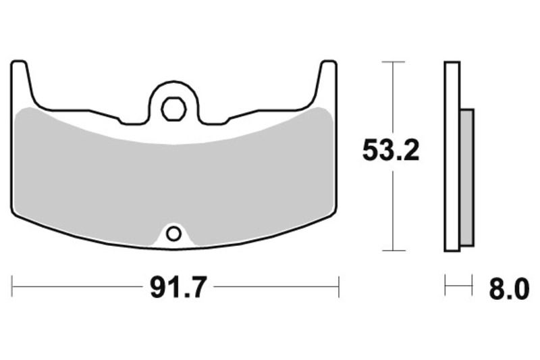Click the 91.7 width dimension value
(x=178, y=288)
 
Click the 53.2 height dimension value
(x=391, y=151)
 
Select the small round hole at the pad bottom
(x=173, y=234)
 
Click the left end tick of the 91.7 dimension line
(x=12, y=286)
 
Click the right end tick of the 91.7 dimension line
(x=338, y=286)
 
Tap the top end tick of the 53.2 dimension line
(x=393, y=62)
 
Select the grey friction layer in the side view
(x=467, y=177)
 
